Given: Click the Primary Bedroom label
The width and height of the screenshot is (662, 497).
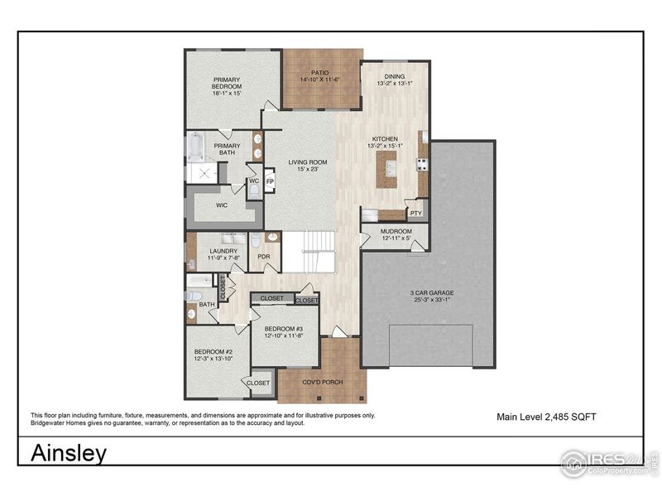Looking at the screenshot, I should [226, 83].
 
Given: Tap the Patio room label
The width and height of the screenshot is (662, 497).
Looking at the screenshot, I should [320, 73].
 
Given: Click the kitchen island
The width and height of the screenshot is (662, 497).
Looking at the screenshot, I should [386, 170].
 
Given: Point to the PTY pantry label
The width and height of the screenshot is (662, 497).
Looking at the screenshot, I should [415, 213].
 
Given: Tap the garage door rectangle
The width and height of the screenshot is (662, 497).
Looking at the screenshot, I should [430, 345].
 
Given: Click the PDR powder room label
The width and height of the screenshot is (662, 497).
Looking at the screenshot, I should [264, 257].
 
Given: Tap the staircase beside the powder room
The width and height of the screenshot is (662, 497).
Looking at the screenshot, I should [309, 252].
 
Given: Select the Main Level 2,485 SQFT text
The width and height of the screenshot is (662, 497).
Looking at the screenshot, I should [545, 417].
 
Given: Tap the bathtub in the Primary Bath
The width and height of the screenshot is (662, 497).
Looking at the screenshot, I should [196, 147].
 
